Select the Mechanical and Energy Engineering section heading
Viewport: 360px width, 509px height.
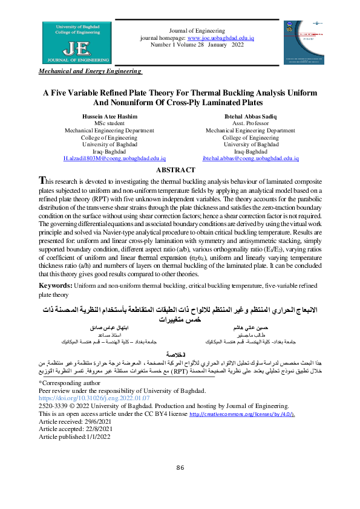[90, 71]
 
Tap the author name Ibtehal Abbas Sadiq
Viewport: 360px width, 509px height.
[250, 116]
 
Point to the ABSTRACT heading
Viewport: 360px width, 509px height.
[180, 170]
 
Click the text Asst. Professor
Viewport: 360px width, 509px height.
[250, 123]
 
